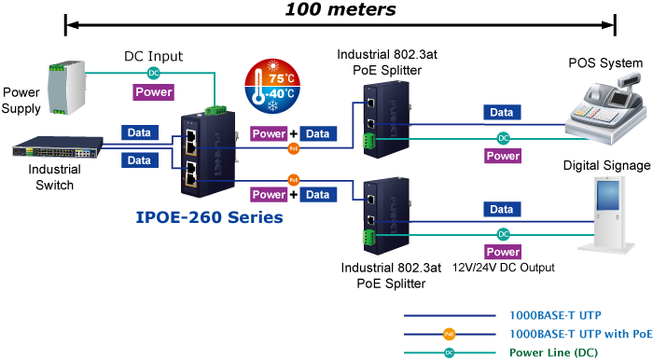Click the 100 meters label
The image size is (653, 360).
(340, 9)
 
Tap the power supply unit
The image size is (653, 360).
(66, 88)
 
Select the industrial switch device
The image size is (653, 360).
(58, 147)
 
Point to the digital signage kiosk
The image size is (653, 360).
(608, 215)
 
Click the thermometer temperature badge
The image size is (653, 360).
(272, 86)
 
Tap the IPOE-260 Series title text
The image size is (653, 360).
(210, 217)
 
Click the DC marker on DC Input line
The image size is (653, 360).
(154, 73)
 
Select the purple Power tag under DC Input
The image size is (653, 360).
(154, 92)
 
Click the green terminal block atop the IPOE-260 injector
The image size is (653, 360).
(215, 110)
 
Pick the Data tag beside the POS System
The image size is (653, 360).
(502, 112)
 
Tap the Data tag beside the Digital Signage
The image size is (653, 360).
(502, 209)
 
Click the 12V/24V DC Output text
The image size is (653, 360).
(504, 268)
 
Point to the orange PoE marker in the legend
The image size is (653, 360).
(449, 334)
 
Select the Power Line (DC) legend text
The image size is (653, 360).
(554, 353)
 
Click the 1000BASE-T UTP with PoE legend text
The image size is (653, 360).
(581, 334)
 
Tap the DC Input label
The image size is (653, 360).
(154, 56)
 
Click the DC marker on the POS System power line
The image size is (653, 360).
(504, 138)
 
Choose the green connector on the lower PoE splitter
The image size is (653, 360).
(368, 238)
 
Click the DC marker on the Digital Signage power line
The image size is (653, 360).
(504, 234)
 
